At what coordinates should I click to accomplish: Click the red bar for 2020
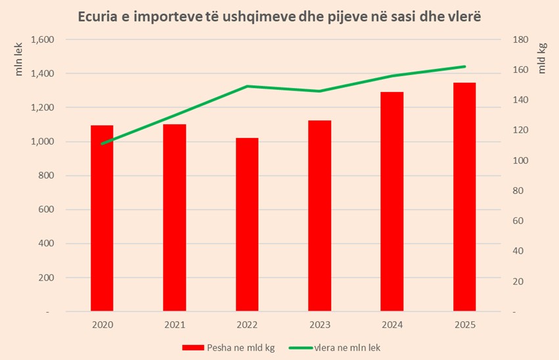click(x=102, y=218)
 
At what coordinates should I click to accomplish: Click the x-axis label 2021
click(x=175, y=325)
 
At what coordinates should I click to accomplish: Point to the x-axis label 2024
click(x=392, y=325)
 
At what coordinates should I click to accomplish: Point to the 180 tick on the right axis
click(x=520, y=39)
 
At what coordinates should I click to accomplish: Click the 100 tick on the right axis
click(x=520, y=161)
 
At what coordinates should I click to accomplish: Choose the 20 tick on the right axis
click(x=518, y=282)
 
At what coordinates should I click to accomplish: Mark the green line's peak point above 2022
click(x=247, y=86)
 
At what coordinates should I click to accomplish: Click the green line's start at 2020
click(x=102, y=143)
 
